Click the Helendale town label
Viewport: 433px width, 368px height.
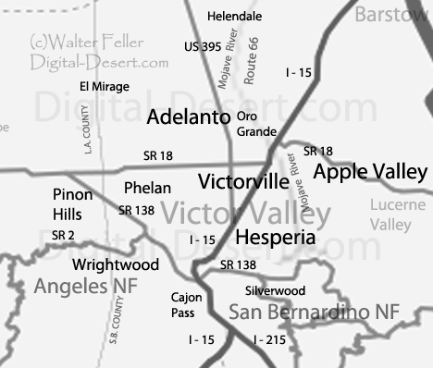click(x=235, y=17)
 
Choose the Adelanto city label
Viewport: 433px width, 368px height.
click(x=189, y=117)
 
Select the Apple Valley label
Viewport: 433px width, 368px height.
click(x=370, y=172)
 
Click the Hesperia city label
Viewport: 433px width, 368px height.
click(x=276, y=238)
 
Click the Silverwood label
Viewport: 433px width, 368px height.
click(x=275, y=289)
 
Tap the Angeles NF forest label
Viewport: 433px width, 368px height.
click(x=85, y=287)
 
